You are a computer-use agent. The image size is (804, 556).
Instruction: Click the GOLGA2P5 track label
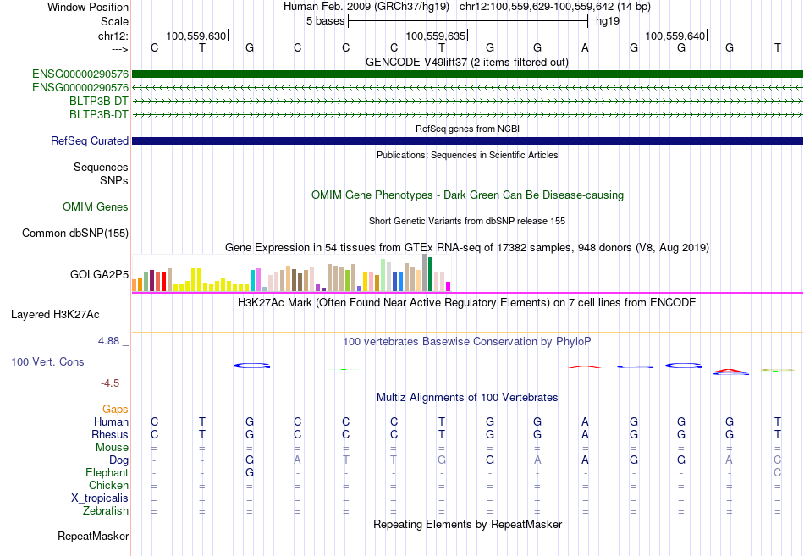[99, 274]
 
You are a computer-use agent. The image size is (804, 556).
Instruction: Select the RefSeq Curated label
[90, 140]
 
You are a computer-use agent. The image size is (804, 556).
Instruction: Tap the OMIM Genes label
[96, 206]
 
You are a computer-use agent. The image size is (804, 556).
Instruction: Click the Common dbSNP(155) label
[75, 233]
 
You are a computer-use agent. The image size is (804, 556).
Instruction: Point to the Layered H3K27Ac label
[55, 315]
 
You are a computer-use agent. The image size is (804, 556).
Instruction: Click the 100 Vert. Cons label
[47, 361]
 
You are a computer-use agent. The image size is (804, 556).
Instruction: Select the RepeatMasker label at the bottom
[93, 536]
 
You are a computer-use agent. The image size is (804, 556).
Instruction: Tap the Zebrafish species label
[106, 510]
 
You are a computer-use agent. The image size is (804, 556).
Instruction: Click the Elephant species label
[107, 472]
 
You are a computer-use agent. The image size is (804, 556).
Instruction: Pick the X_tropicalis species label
[100, 498]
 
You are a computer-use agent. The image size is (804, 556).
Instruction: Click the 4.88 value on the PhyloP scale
[108, 341]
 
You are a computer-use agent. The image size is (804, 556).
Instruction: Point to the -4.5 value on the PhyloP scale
[110, 383]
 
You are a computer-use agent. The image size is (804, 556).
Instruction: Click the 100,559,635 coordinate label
[435, 36]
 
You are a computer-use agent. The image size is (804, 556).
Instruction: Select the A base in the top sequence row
[585, 47]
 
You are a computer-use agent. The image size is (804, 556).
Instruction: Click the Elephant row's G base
[250, 472]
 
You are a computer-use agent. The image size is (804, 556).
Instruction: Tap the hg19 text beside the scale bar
[608, 21]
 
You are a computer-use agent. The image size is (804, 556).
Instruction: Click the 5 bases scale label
[326, 21]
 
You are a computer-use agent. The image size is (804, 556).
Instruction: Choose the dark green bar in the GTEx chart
[431, 274]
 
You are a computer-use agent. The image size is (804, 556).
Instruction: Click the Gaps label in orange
[115, 409]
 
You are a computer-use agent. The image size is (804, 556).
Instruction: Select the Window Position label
[88, 7]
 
